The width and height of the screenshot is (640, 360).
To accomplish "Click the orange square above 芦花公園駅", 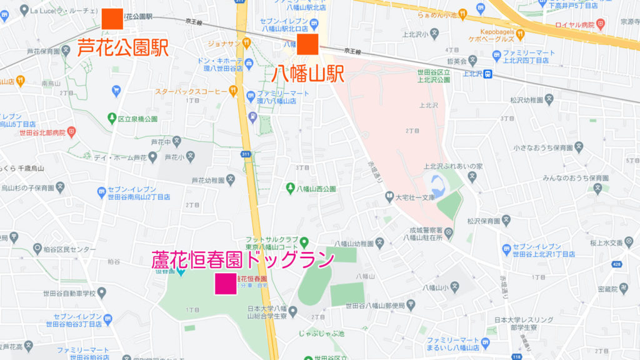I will tap(112, 19).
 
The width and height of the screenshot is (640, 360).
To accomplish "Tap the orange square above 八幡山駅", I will tap(308, 44).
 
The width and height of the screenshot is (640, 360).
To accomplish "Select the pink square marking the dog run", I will tap(226, 283).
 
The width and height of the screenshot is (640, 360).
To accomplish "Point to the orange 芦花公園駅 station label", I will tap(123, 47).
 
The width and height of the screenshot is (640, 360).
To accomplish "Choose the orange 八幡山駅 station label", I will tap(309, 73).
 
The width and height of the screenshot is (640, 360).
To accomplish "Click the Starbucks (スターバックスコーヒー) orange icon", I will tap(233, 91).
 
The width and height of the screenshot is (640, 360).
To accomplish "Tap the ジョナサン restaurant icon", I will tap(247, 42).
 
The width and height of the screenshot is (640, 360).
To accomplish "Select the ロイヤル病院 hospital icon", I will tap(601, 26).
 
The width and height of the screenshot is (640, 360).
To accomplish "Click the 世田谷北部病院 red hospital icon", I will tap(71, 132).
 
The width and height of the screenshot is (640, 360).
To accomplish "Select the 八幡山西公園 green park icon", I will tap(290, 187).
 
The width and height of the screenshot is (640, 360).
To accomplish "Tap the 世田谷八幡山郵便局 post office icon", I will tap(411, 304).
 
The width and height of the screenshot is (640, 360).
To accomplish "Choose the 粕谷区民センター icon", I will tap(37, 249).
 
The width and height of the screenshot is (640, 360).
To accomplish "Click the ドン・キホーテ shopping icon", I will tap(249, 62).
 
